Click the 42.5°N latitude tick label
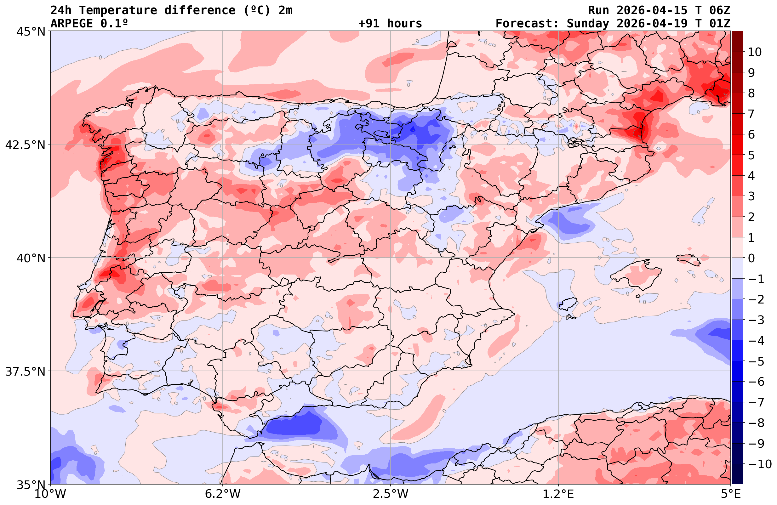click(x=25, y=145)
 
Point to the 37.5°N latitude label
click(x=25, y=372)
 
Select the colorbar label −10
click(x=758, y=464)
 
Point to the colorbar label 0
click(x=751, y=258)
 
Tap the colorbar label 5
click(x=751, y=156)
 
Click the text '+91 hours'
click(x=390, y=24)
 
